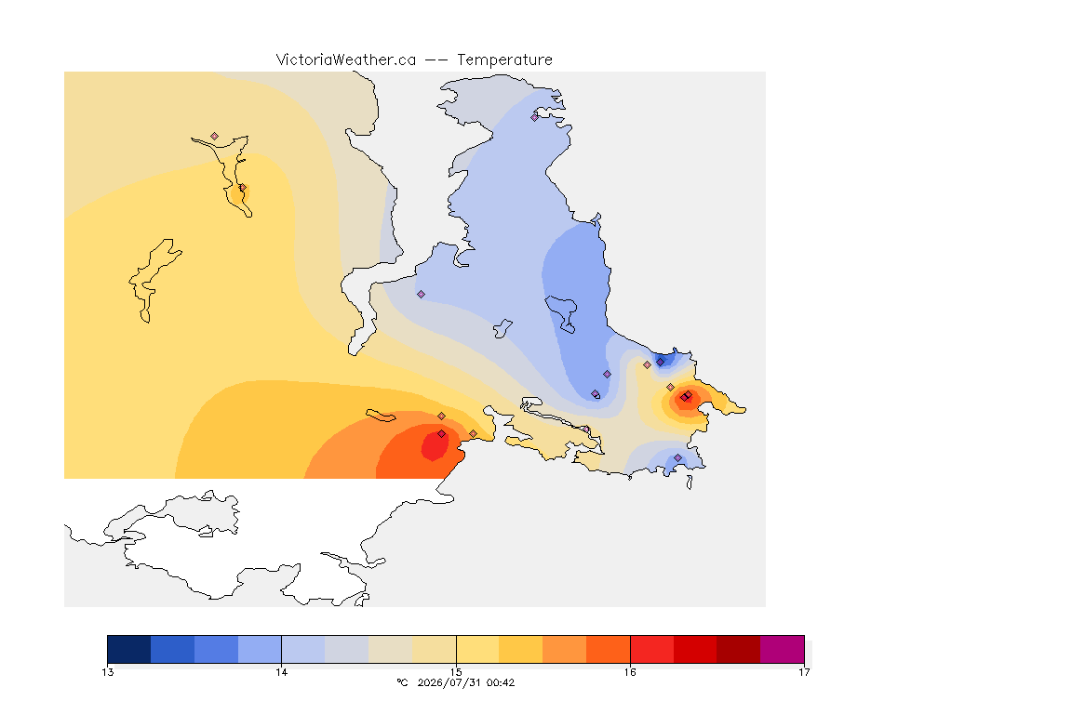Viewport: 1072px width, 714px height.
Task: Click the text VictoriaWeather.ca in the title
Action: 346,60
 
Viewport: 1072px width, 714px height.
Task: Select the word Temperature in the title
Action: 504,60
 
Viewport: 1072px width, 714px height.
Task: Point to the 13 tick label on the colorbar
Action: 107,672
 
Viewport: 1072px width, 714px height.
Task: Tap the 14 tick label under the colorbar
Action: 282,672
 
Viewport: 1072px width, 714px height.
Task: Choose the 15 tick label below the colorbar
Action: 456,672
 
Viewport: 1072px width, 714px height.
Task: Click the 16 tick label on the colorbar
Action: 630,672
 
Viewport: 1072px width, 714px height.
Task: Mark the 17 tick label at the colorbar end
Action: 804,672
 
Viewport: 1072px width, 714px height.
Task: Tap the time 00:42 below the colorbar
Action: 501,682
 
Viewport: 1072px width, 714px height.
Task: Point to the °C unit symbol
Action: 403,682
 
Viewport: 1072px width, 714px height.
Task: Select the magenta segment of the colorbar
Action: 782,649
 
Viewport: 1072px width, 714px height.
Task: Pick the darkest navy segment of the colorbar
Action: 129,649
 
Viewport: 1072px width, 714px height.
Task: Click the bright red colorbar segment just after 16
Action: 651,649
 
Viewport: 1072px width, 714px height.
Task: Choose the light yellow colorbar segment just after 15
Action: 478,649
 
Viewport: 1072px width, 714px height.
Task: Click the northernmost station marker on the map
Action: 535,117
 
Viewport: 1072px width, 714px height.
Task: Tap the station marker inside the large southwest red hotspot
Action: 442,434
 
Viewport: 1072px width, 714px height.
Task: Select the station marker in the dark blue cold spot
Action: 661,363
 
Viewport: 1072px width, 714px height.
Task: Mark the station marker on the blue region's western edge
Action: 422,295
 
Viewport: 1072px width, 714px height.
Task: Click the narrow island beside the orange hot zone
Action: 381,416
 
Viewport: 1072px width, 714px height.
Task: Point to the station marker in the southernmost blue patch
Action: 677,457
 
